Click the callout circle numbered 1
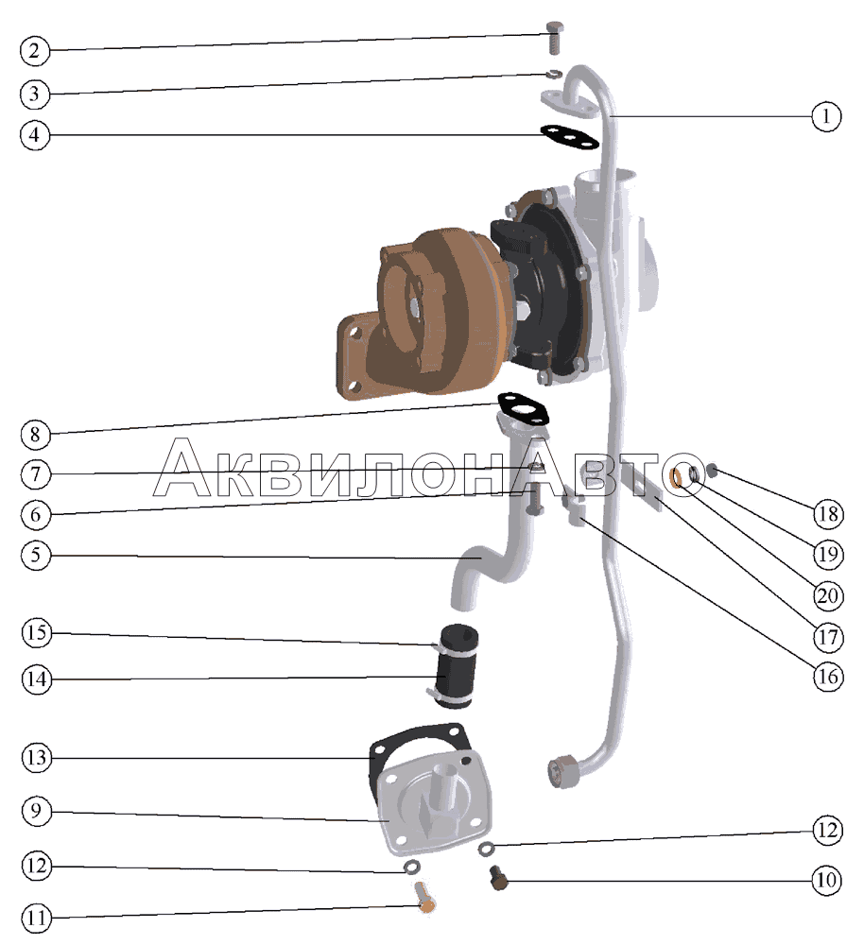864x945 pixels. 825,115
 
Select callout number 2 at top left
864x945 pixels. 34,51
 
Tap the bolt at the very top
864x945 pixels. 555,38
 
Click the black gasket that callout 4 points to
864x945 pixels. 569,138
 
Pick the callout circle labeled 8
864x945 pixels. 35,434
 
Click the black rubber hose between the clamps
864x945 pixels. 458,666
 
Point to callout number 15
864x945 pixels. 37,633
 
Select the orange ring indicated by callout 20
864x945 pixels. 677,478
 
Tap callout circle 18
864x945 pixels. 828,514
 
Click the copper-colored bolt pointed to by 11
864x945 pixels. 425,896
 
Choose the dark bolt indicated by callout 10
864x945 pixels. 498,877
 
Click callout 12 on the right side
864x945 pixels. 827,830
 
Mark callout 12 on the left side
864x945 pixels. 37,866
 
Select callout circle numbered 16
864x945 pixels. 828,677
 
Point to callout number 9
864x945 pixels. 36,811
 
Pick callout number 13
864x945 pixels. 37,757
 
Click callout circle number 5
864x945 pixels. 36,555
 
